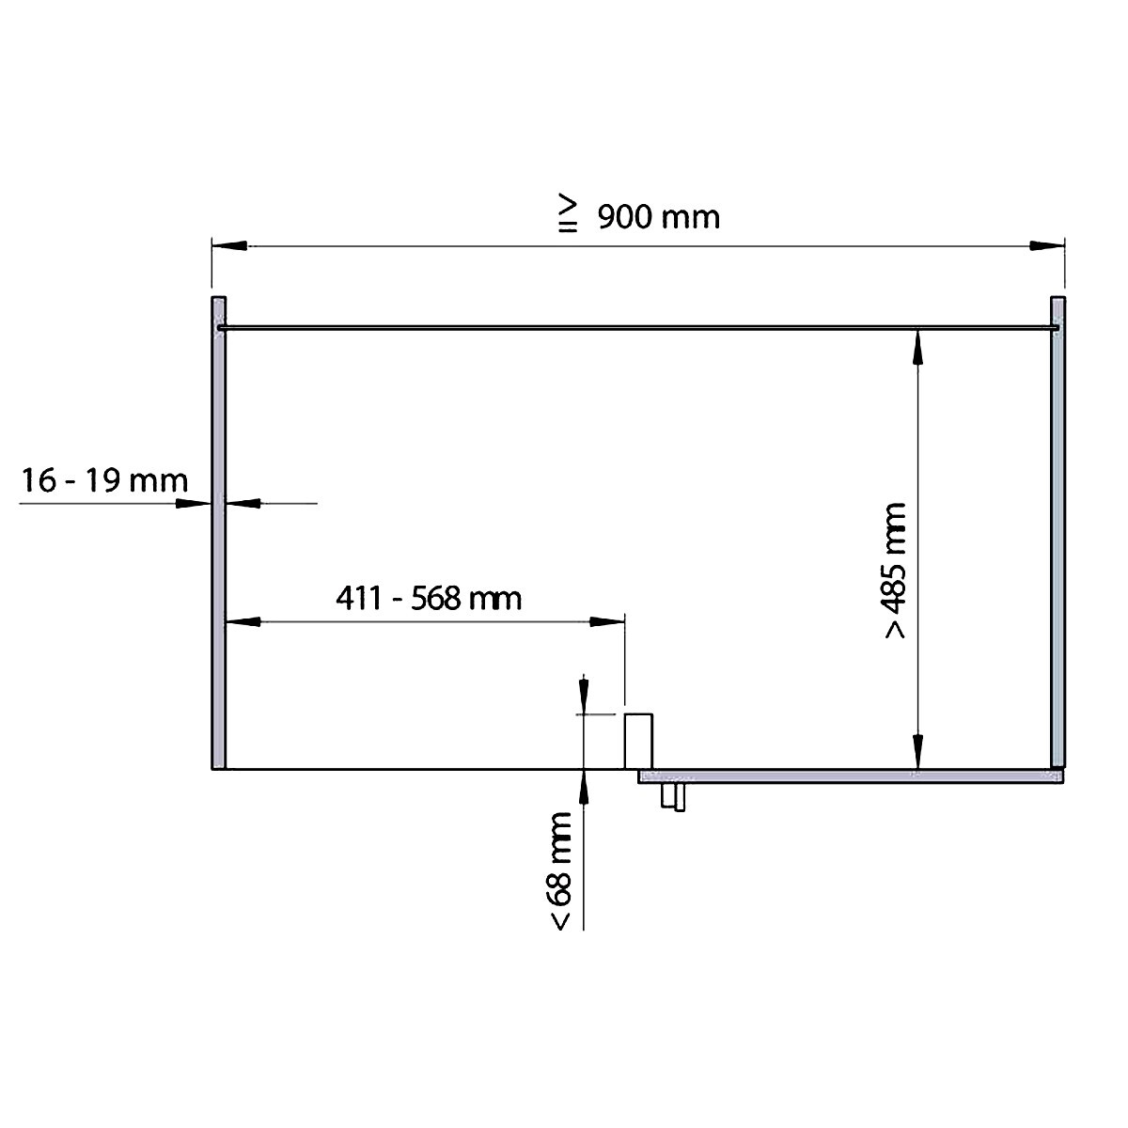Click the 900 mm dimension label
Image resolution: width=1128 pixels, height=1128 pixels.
coord(659,218)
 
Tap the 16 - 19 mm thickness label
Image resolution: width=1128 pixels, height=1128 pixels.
coord(104,480)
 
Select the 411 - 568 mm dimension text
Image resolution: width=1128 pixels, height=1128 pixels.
coord(429,598)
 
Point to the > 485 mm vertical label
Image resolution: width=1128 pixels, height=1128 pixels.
coord(895,571)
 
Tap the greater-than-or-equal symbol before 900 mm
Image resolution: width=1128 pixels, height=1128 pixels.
coord(568,212)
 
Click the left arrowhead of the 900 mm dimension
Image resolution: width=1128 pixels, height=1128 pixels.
coord(229,246)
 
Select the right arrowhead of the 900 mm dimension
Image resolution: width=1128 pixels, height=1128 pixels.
coord(1046,246)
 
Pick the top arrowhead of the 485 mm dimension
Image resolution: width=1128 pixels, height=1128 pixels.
coord(917,348)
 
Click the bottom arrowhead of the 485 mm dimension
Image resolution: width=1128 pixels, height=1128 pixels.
coord(917,751)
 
